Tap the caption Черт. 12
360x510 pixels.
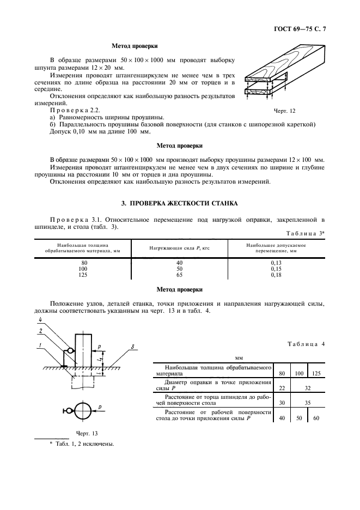pyautogui.click(x=284, y=111)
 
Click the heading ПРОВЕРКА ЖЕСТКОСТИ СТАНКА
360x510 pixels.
pyautogui.click(x=179, y=203)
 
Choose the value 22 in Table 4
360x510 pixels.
pyautogui.click(x=282, y=388)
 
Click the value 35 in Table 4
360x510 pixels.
pyautogui.click(x=307, y=403)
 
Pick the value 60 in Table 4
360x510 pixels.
pyautogui.click(x=316, y=418)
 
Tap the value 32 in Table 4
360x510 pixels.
pyautogui.click(x=307, y=388)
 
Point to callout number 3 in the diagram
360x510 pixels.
pyautogui.click(x=132, y=346)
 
